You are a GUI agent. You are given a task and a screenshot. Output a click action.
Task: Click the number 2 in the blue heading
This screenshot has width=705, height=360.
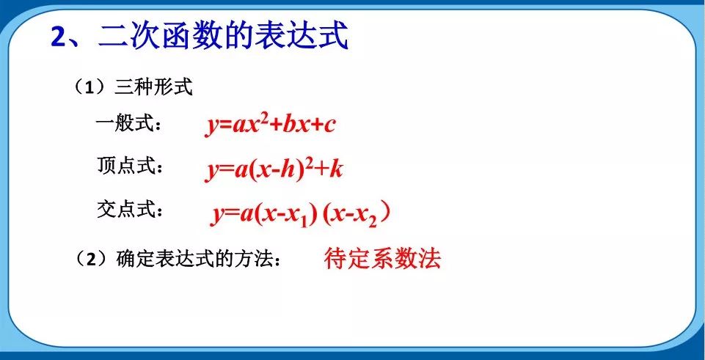click(59, 37)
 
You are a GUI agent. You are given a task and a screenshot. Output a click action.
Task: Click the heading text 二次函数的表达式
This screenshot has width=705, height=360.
click(222, 37)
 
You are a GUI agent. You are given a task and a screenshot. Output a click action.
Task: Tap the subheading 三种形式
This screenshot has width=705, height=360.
click(153, 89)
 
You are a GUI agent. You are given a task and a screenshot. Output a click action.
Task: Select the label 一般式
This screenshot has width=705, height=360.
click(128, 124)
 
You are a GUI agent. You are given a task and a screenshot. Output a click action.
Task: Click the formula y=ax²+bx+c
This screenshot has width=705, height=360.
click(270, 125)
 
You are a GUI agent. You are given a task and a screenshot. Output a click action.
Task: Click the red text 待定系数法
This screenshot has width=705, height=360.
click(382, 259)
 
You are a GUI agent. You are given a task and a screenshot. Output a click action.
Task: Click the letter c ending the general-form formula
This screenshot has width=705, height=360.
click(329, 125)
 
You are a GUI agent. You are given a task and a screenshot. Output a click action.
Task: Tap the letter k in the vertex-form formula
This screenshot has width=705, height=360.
click(336, 169)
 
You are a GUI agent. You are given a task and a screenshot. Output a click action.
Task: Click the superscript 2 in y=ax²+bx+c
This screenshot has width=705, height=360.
click(263, 117)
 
